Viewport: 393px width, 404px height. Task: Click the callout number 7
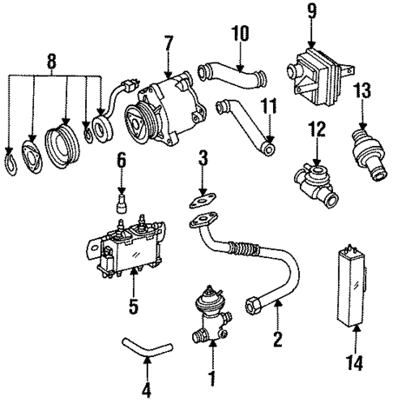(168, 41)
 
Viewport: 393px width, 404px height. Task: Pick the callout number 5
(135, 308)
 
